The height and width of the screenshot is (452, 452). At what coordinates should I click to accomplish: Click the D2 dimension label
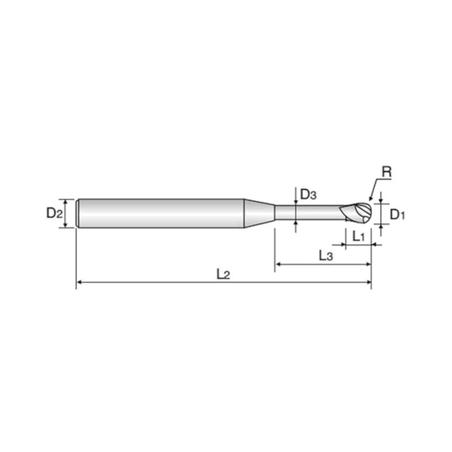tap(54, 213)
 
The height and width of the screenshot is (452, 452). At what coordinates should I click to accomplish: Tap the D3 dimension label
tap(308, 195)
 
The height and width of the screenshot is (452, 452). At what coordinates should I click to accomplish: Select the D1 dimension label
tap(398, 214)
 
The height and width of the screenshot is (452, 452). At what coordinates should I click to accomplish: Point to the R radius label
tap(387, 172)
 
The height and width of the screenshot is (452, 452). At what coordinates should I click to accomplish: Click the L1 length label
tap(359, 237)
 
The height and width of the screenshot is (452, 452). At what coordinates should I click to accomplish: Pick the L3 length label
tap(326, 255)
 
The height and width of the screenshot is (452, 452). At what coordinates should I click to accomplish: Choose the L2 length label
tap(223, 275)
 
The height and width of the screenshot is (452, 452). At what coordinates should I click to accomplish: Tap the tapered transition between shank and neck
tap(259, 213)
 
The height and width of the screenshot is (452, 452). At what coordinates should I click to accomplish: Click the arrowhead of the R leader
tap(371, 198)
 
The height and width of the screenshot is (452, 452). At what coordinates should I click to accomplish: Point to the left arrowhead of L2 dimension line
tap(79, 283)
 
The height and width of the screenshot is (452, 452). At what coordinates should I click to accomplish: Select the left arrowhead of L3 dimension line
tap(278, 264)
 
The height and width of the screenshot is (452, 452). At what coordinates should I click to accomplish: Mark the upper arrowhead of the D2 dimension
tap(66, 201)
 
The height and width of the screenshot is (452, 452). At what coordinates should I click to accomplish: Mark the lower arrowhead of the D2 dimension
tap(66, 225)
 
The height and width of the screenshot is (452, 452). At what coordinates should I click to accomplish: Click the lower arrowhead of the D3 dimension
tap(295, 223)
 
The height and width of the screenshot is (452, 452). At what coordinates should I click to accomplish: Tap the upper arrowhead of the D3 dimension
tap(295, 203)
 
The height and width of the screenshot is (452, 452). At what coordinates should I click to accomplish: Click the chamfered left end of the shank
tap(78, 213)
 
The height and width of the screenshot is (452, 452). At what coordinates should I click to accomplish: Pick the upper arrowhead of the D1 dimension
tap(381, 201)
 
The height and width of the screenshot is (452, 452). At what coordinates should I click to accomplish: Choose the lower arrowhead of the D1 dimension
tap(381, 226)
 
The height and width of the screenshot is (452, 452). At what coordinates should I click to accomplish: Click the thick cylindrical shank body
tap(162, 213)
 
